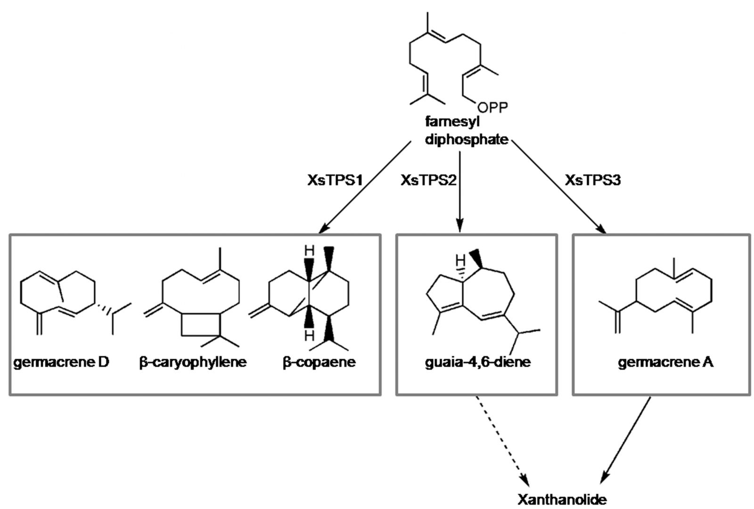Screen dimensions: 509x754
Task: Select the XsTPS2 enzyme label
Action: pos(428,180)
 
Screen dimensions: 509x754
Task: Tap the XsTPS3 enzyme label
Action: pos(593,180)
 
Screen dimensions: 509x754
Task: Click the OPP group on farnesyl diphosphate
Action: pos(493,108)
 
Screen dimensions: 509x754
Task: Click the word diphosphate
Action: pos(466,139)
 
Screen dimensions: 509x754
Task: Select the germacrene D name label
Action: pos(61,362)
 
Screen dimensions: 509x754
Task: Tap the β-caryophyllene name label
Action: pos(193,362)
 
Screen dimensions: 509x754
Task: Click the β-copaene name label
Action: pos(319,362)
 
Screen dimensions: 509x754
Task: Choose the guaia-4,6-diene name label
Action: pos(477,362)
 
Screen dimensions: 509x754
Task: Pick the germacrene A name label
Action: pos(665,362)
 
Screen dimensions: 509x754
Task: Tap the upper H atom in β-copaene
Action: pos(309,250)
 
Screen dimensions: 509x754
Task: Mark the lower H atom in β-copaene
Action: pos(309,335)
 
